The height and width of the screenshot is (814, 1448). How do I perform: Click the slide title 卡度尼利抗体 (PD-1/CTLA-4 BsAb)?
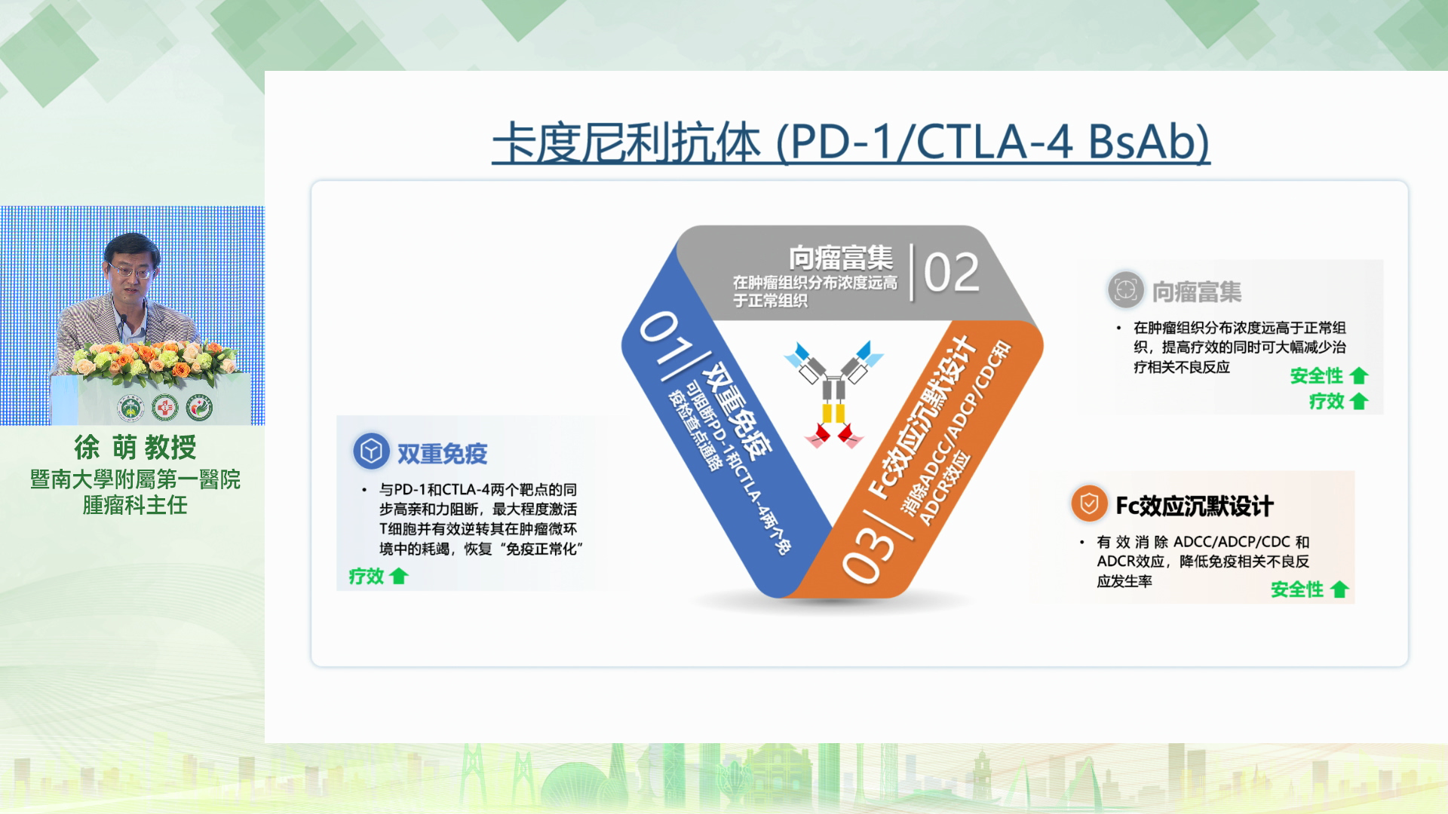click(x=851, y=143)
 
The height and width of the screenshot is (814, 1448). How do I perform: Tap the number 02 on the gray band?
click(x=952, y=272)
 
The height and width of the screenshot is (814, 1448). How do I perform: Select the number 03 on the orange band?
click(x=867, y=554)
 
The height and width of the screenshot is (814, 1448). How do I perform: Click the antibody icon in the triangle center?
click(x=833, y=395)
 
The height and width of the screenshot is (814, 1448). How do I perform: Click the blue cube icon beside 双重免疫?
click(x=371, y=451)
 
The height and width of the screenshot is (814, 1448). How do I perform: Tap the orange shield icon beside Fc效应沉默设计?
click(x=1089, y=503)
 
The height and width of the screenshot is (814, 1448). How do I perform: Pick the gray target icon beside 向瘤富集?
click(x=1125, y=290)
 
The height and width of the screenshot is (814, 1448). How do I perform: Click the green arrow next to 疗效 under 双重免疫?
click(x=399, y=577)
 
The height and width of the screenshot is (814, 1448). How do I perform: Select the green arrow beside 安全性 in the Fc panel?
click(x=1339, y=589)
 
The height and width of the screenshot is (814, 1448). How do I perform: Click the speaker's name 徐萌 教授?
click(x=135, y=448)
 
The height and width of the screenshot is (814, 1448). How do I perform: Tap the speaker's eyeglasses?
click(x=131, y=269)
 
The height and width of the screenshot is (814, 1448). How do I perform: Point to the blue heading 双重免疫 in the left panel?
click(x=443, y=454)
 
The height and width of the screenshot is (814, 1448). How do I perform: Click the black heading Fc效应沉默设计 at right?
click(x=1195, y=506)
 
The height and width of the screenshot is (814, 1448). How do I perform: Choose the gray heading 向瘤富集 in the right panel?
click(x=1197, y=292)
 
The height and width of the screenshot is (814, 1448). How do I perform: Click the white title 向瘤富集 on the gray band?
click(x=841, y=258)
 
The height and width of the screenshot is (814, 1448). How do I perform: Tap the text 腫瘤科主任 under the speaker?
click(x=135, y=505)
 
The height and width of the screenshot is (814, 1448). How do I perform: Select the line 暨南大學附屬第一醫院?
click(x=135, y=479)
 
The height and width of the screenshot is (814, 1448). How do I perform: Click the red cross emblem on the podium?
click(x=164, y=408)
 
